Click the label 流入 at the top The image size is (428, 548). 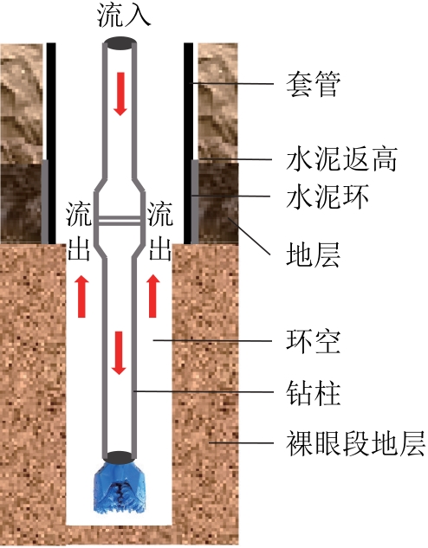click(123, 15)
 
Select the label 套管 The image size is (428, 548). click(313, 84)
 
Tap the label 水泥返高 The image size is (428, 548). click(341, 159)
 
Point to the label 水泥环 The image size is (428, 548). click(327, 197)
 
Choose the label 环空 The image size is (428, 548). click(313, 341)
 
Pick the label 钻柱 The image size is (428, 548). click(313, 392)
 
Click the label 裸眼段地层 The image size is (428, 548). click(355, 443)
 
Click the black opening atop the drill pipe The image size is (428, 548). click(120, 43)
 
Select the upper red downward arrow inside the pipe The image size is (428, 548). click(120, 93)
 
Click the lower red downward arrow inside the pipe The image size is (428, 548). click(119, 353)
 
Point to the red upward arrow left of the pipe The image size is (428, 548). click(81, 296)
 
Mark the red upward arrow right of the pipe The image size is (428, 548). click(152, 296)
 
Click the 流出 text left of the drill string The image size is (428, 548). click(79, 231)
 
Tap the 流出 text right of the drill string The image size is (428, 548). click(159, 231)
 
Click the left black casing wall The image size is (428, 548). click(51, 144)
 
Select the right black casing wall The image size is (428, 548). click(188, 144)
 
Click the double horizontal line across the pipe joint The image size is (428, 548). click(120, 221)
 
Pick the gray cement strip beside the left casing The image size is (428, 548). click(45, 202)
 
